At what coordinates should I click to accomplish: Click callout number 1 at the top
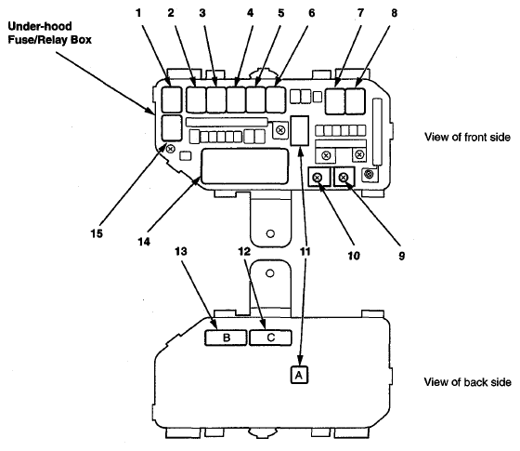[138, 13]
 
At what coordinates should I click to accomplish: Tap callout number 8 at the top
[394, 13]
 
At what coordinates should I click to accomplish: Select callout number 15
[97, 233]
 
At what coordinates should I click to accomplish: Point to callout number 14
[144, 242]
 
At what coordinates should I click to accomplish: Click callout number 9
[401, 256]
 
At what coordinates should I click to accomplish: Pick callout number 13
[181, 251]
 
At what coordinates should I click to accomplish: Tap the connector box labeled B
[226, 338]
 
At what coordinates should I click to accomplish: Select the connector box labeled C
[270, 338]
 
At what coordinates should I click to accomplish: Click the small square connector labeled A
[299, 375]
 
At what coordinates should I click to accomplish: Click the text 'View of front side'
[467, 137]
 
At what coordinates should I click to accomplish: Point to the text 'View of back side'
[468, 382]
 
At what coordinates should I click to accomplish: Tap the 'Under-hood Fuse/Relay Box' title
[49, 33]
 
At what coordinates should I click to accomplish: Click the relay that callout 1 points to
[172, 99]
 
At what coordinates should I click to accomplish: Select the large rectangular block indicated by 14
[245, 166]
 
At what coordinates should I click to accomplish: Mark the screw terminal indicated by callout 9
[344, 177]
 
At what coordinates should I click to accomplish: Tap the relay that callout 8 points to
[355, 101]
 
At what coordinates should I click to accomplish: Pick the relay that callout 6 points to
[276, 99]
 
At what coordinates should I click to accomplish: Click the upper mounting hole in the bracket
[270, 233]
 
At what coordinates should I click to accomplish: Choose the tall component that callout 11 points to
[299, 131]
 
